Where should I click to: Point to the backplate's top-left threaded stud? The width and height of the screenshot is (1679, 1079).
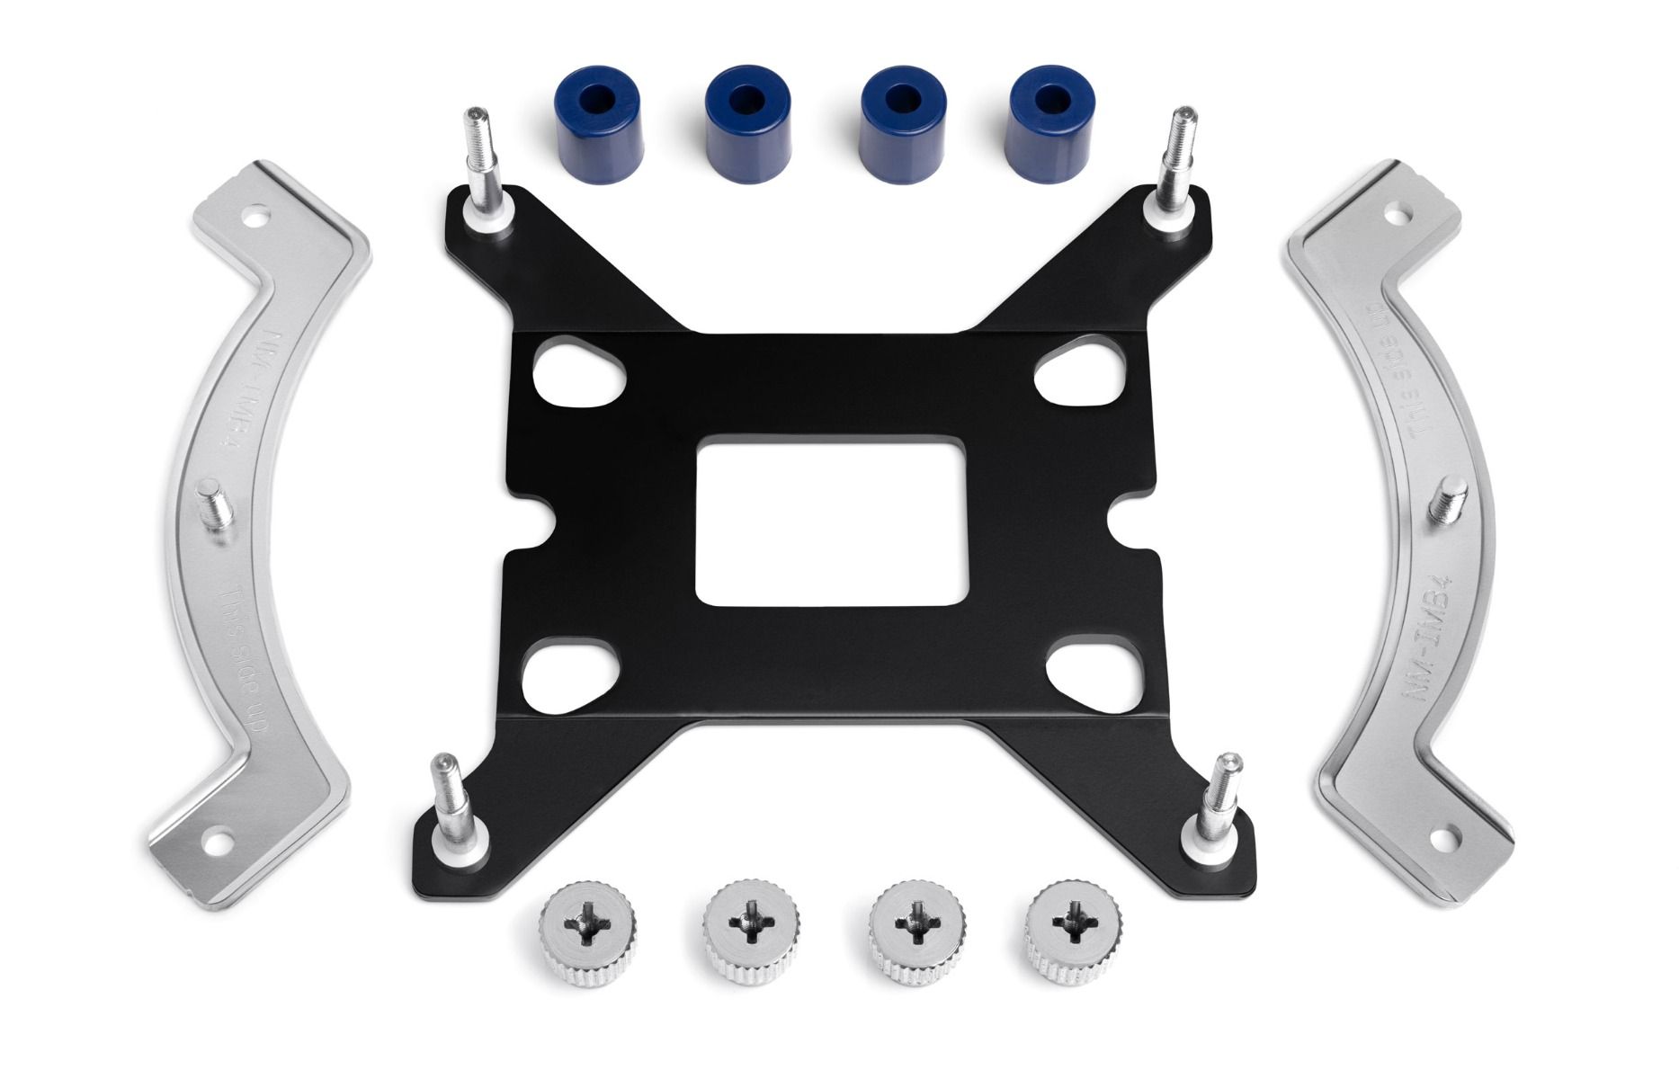point(479,162)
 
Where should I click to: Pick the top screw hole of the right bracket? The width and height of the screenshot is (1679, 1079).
point(1395,217)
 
